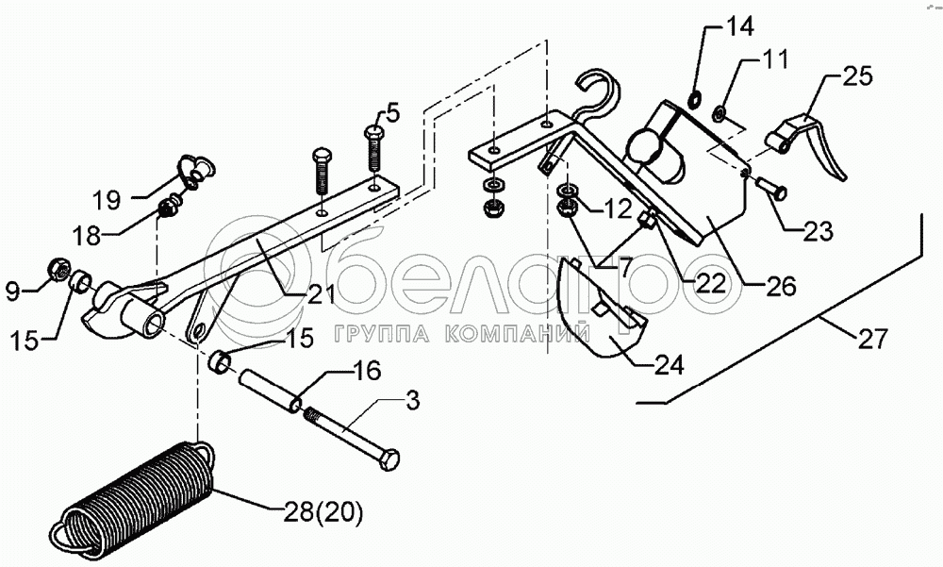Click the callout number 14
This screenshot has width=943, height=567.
pyautogui.click(x=739, y=25)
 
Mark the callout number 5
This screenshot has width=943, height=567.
pyautogui.click(x=392, y=113)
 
